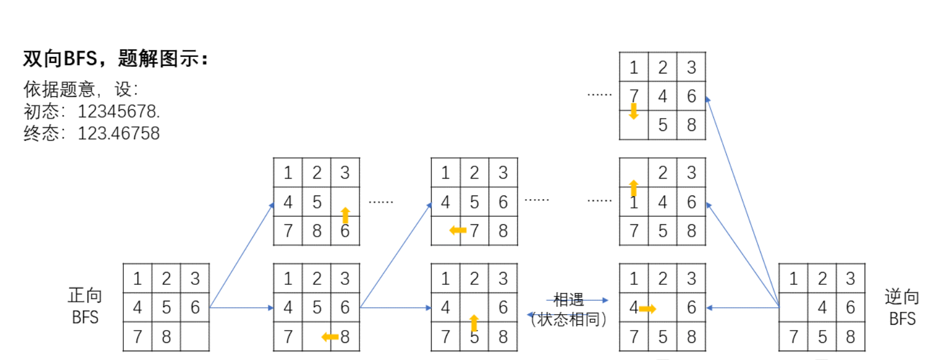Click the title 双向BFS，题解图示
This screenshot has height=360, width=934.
point(115,59)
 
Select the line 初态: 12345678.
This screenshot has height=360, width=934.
point(92,111)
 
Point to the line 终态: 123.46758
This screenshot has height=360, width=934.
point(92,133)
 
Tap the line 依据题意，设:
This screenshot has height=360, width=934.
point(81,89)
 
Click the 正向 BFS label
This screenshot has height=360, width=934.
point(85,306)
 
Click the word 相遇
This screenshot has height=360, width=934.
point(568,300)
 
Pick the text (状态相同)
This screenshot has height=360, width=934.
point(568,319)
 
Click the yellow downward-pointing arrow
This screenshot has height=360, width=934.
point(633,111)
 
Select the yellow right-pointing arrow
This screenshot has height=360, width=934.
point(648,308)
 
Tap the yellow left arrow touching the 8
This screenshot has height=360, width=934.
point(330,337)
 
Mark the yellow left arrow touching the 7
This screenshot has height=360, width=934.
point(458,231)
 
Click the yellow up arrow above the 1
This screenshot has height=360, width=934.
point(633,187)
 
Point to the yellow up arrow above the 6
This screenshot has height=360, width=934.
point(345,215)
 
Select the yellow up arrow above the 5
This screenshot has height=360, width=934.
point(474,322)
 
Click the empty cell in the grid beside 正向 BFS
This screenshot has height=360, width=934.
point(195,337)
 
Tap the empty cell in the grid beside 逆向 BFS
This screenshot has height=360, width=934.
point(793,308)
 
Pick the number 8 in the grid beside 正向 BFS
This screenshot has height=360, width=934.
point(166,337)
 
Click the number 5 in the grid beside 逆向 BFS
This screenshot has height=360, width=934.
point(822,337)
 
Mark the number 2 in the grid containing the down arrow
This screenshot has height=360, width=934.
point(662,68)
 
